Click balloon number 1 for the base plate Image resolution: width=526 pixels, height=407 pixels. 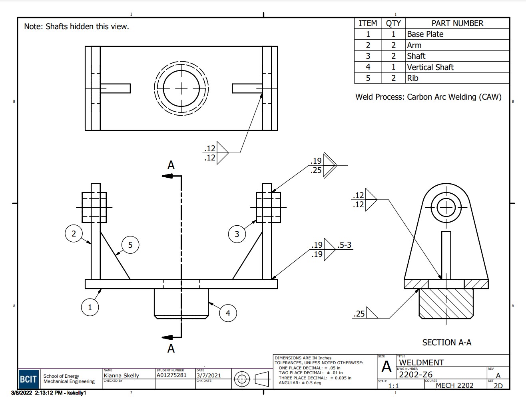pos(90,307)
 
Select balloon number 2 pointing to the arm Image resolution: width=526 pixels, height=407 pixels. pos(74,233)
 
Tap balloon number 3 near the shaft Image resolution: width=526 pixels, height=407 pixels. pos(237,234)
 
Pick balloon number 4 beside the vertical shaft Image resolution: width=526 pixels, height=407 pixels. pos(228,313)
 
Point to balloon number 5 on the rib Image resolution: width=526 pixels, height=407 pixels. pos(130,245)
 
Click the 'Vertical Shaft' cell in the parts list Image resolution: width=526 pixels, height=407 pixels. pos(430,67)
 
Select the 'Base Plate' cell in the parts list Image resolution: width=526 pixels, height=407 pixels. pos(425,34)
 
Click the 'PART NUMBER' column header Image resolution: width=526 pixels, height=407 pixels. pos(457,23)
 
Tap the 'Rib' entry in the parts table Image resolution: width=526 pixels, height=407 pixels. pos(412,78)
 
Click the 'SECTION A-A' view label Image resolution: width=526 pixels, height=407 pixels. pos(446,343)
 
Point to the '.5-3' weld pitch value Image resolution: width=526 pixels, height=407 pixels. pos(345,245)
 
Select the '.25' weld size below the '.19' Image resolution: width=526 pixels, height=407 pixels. pos(316,170)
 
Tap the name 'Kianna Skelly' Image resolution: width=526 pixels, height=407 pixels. pos(121,375)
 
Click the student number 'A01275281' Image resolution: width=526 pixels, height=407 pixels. pos(171,375)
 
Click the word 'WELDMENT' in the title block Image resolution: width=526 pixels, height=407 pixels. pos(422,363)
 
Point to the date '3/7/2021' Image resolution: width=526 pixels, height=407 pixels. pos(209,375)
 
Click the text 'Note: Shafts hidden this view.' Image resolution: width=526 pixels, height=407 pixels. pos(76,27)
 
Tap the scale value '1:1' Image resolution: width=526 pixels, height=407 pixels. pos(393,386)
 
